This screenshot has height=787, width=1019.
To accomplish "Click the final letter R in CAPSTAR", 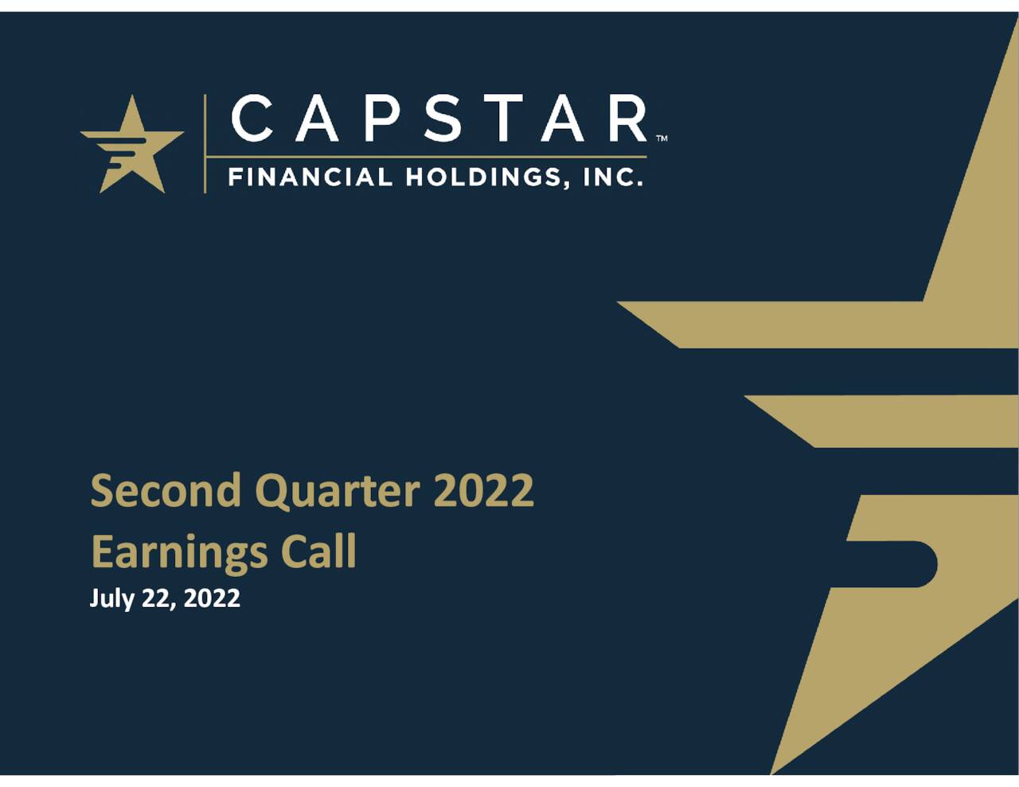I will pos(627,119).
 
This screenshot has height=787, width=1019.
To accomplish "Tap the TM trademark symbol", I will pos(662,138).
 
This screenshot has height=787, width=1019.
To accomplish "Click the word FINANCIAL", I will pos(310,177).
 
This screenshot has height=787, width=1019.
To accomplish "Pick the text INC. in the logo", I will pos(613,177).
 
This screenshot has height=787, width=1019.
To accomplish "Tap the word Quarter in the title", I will pos(337,492).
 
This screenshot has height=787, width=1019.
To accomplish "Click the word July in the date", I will pos(112,598).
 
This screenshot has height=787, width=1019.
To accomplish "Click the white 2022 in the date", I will pos(212,598).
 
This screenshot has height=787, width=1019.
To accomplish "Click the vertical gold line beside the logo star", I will pos(205,143).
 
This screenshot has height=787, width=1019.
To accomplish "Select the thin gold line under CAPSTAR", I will pos(426,157).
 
